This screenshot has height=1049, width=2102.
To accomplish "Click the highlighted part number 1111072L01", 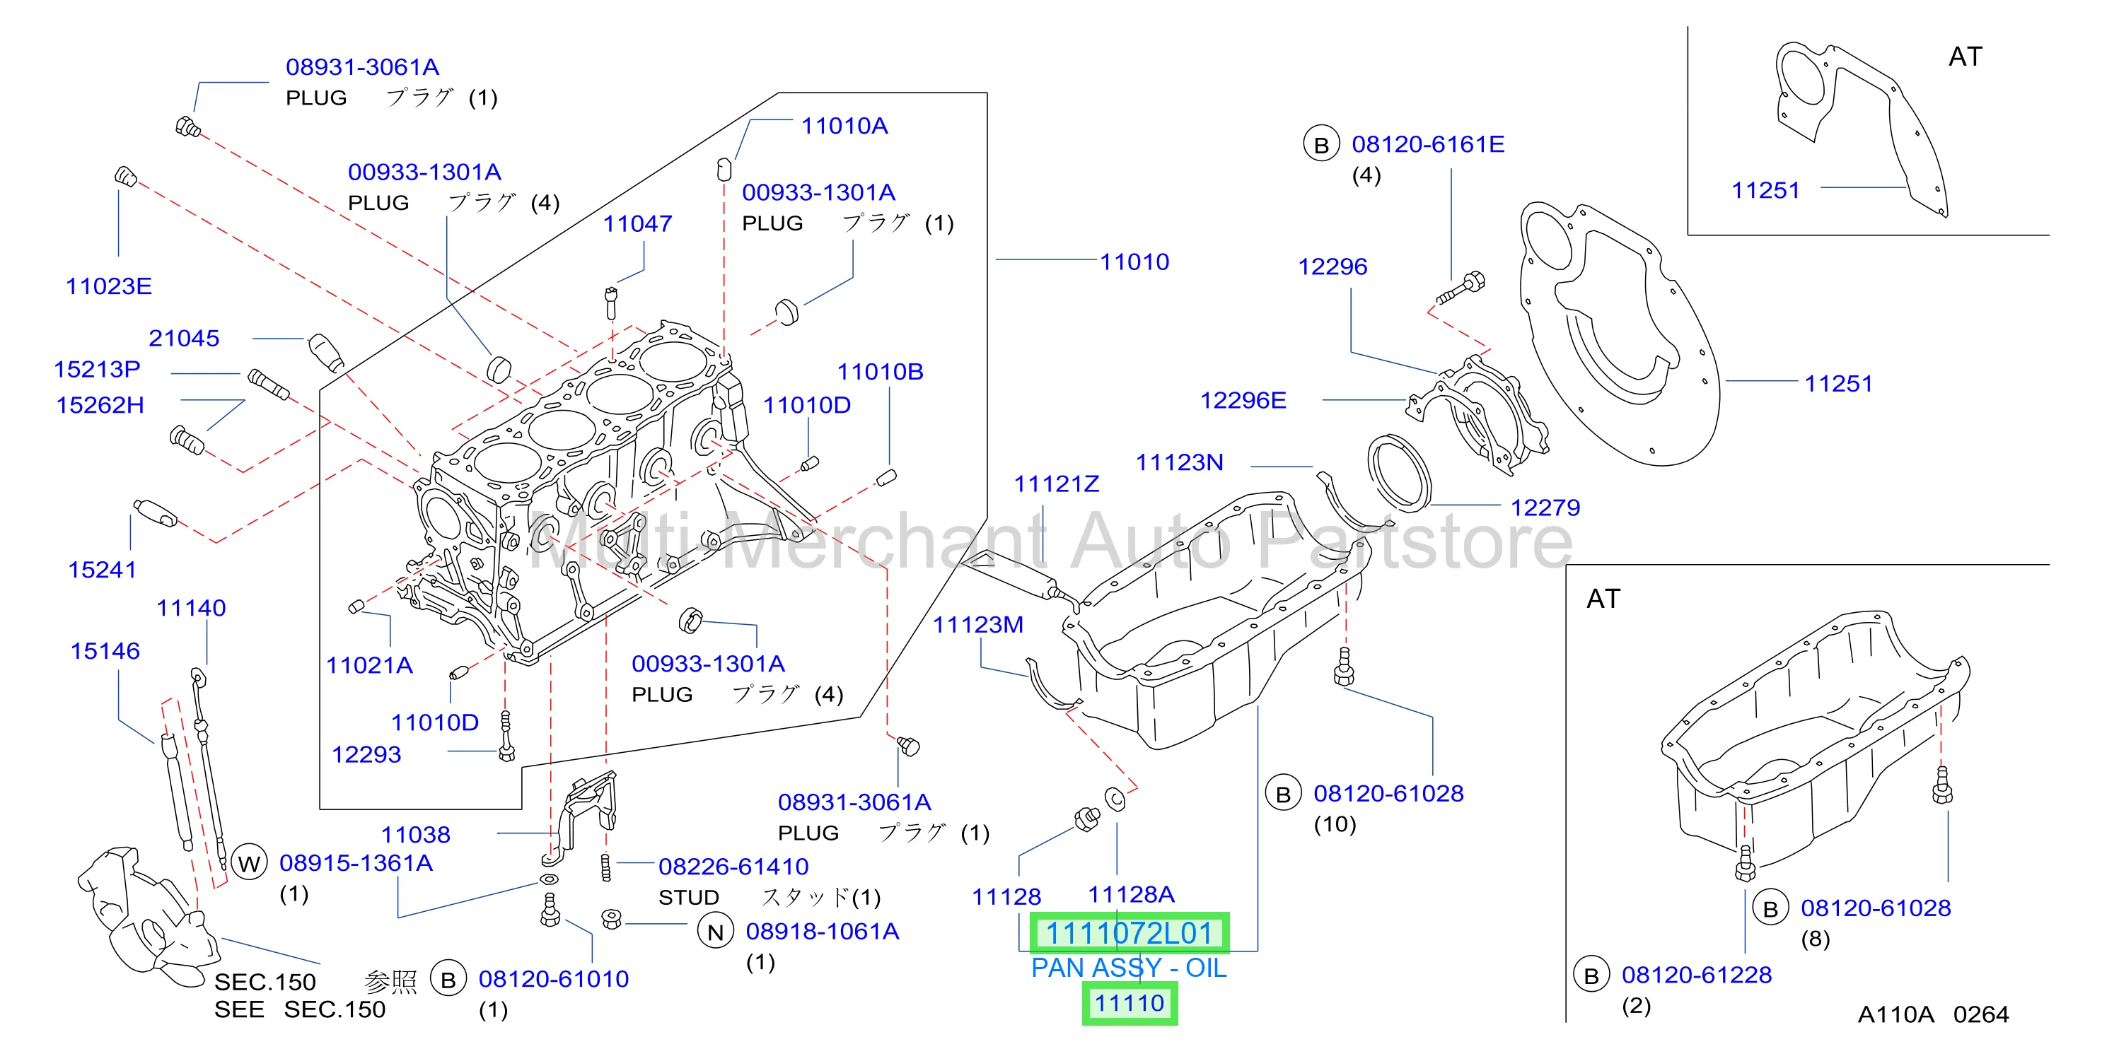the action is (x=1129, y=933).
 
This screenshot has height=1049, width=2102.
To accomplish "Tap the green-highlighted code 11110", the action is (x=1130, y=1003).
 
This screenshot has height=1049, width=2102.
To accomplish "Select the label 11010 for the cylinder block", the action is (x=1134, y=262).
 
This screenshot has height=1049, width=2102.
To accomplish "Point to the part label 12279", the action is (x=1545, y=508).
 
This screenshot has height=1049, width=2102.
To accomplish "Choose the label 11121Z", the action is (x=1056, y=484).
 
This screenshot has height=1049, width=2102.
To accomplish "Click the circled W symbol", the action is (x=250, y=863).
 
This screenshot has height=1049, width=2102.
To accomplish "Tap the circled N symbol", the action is (x=716, y=932).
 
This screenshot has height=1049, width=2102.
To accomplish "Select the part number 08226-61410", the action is (x=733, y=867).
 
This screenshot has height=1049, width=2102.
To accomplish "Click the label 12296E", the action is (x=1243, y=401).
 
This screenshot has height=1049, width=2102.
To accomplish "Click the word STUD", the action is (x=689, y=897).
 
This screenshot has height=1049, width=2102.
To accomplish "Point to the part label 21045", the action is (x=184, y=339).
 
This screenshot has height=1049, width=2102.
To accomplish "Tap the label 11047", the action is (x=637, y=223).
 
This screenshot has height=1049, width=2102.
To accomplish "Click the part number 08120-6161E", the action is (x=1428, y=144).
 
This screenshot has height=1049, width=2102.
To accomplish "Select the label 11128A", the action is (x=1131, y=894).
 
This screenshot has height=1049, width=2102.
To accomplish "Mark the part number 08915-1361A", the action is (x=356, y=863).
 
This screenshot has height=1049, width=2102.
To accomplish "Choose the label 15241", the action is (x=102, y=569).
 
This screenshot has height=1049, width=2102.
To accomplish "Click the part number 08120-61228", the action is (x=1697, y=975).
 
